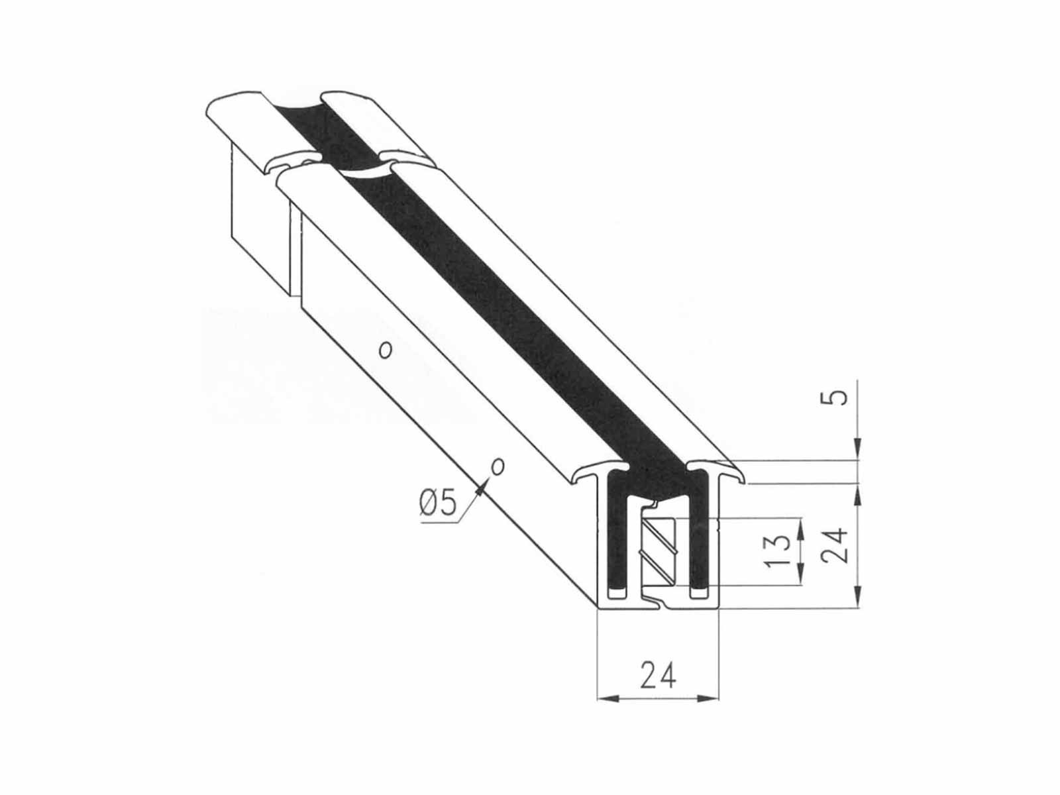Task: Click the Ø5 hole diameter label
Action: click(x=438, y=504)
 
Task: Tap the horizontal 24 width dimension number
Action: click(x=659, y=676)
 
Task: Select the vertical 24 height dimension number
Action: click(x=837, y=545)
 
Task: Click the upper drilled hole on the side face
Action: click(x=385, y=349)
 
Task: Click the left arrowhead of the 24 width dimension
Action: click(x=604, y=698)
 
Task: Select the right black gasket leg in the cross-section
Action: click(x=700, y=530)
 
